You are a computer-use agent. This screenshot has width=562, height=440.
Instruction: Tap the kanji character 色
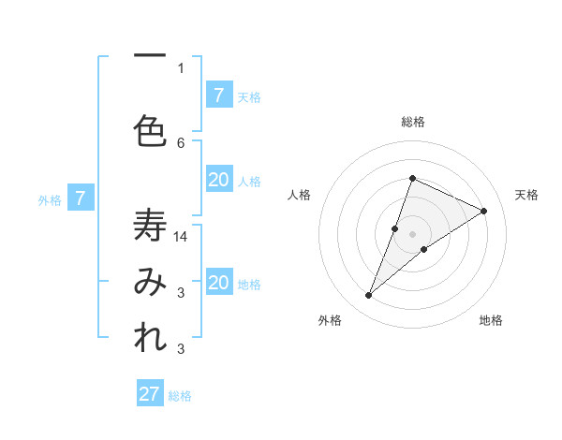pos(150,131)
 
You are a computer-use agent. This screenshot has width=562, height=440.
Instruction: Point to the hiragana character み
pos(150,283)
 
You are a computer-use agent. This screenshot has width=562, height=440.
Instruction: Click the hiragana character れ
pos(150,339)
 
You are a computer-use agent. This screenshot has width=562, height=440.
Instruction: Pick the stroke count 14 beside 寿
pos(181,237)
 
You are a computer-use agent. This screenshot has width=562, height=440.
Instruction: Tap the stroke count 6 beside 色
pos(181,142)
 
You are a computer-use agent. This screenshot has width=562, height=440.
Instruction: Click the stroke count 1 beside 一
pos(181,67)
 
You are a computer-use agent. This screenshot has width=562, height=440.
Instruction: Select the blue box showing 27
pos(150,394)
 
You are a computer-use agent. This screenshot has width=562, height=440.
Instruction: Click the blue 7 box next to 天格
pos(219,95)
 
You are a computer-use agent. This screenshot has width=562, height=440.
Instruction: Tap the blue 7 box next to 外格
pos(81,198)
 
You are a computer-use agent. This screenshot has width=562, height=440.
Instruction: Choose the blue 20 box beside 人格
pos(219,180)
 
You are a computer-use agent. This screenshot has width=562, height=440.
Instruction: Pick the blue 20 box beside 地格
pos(219,283)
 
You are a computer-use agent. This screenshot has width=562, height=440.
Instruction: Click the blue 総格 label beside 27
pos(180,396)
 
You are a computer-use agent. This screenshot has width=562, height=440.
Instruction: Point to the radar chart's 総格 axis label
pos(412,122)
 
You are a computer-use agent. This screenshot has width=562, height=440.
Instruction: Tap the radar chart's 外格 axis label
pos(329,320)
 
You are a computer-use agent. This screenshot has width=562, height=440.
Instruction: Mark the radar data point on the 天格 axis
pos(484,211)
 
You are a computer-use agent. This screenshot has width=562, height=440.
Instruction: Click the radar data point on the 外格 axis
pos(369,296)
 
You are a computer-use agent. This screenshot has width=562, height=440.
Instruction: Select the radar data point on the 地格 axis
pos(424,249)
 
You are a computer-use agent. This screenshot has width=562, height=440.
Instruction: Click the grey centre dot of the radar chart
pos(412,234)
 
